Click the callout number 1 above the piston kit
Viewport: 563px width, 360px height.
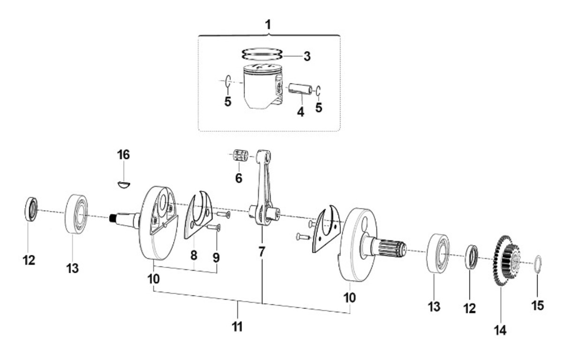coord(268,24)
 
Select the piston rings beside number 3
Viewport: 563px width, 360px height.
coord(262,54)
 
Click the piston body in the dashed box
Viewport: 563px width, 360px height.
coord(263,87)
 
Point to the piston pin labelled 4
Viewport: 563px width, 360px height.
coord(300,90)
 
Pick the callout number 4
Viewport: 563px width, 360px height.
coord(301,112)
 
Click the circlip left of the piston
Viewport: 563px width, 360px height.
coord(228,81)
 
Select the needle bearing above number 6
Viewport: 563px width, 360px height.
coord(241,155)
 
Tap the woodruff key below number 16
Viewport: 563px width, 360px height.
coord(124,184)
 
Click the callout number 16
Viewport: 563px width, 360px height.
coord(123,154)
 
